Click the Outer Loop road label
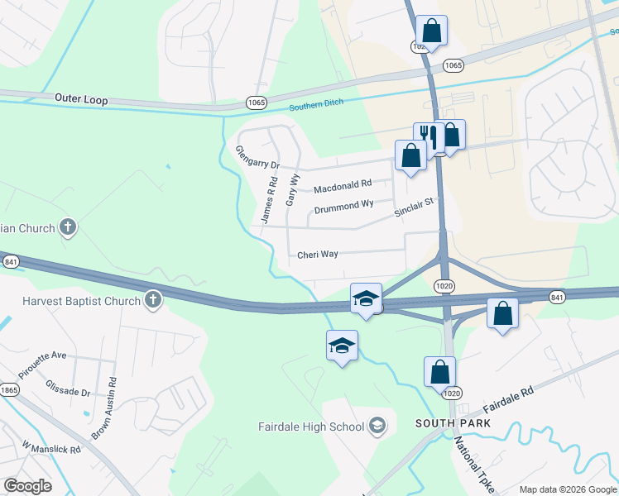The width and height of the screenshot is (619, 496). click(81, 98)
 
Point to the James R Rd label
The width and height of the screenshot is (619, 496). click(268, 202)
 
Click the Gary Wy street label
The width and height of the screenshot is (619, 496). click(291, 189)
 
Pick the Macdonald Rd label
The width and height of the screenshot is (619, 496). click(343, 185)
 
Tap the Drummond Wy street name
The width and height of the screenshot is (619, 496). click(343, 203)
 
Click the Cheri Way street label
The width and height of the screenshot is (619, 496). click(318, 255)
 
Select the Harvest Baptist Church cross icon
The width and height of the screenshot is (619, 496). click(152, 301)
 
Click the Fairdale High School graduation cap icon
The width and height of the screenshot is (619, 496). click(377, 427)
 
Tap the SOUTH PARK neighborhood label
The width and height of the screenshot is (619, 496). click(453, 423)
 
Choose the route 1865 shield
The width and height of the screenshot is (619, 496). click(8, 389)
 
